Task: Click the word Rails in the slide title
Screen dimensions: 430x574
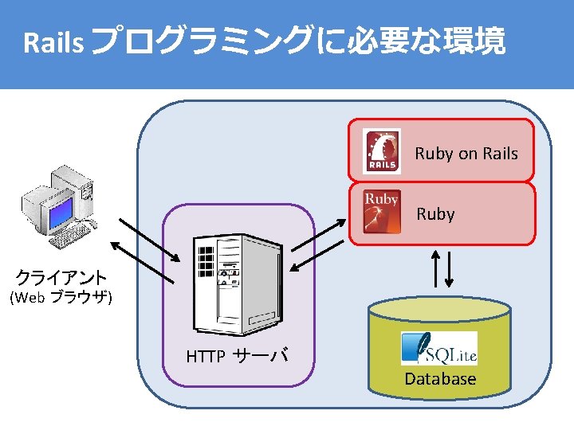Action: click(53, 43)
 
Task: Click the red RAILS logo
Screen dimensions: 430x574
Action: click(382, 151)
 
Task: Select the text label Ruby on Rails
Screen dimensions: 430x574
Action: click(466, 154)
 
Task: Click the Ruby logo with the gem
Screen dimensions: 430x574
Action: click(381, 212)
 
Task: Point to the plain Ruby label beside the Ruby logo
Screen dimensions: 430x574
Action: click(435, 214)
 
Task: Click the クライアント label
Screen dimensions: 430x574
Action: click(62, 278)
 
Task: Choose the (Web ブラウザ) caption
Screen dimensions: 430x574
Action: click(60, 299)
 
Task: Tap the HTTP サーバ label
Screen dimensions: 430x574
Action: click(237, 356)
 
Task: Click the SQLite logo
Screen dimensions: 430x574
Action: click(438, 349)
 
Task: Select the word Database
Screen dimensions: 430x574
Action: click(440, 379)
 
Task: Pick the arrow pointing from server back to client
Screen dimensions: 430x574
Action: click(140, 260)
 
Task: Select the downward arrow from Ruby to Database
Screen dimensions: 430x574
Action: click(449, 269)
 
